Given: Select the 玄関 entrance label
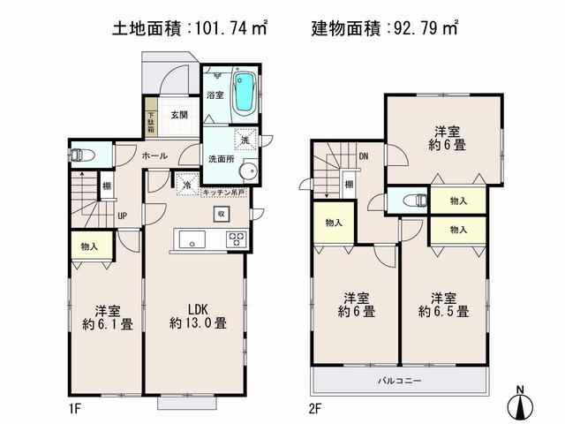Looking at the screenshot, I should [x=179, y=115].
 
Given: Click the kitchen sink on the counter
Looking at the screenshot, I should [x=192, y=238].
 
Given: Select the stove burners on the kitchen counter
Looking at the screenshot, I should [x=237, y=238].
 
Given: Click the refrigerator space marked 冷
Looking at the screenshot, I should [x=185, y=185].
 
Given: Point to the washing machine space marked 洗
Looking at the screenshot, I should [x=245, y=139].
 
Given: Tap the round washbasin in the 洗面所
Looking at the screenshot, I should [x=247, y=171].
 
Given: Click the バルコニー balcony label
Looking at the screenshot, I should [x=400, y=380].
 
